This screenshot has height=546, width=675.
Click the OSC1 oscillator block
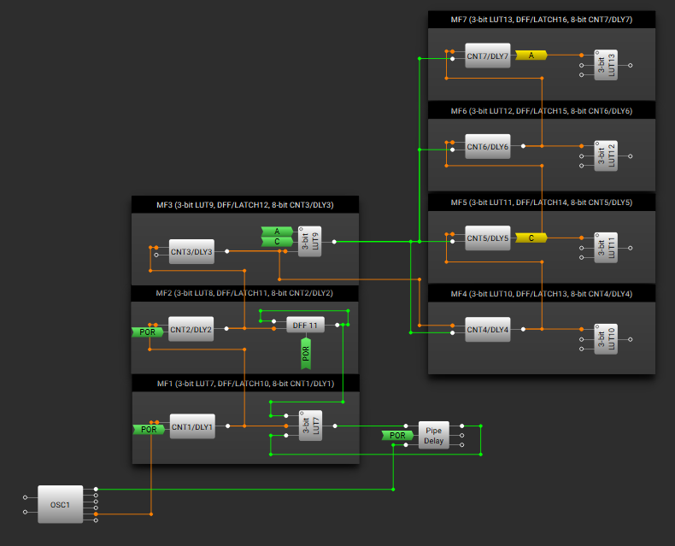click(61, 504)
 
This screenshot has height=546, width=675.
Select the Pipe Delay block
click(433, 435)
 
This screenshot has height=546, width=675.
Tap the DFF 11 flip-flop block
click(305, 325)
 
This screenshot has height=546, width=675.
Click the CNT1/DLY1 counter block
click(192, 426)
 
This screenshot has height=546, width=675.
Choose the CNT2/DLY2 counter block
click(191, 330)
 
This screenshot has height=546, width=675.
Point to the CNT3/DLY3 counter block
click(191, 251)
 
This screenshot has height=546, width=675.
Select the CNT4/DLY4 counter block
click(488, 330)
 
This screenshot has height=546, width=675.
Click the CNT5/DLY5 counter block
click(488, 238)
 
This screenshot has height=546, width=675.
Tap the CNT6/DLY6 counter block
click(488, 147)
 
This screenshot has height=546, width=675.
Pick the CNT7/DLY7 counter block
click(488, 56)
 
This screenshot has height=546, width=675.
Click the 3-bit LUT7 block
click(310, 426)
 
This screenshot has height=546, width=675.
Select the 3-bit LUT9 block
click(309, 242)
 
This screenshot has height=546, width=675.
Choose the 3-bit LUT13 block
click(606, 65)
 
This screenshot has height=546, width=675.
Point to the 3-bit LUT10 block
click(606, 339)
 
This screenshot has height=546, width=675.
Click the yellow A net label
click(531, 56)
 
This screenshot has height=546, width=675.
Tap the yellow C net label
click(531, 238)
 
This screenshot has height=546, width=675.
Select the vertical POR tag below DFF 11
click(306, 354)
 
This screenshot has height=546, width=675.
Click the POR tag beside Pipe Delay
click(397, 435)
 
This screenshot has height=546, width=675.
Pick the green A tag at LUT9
click(277, 232)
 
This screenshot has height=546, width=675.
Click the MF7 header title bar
click(542, 20)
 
